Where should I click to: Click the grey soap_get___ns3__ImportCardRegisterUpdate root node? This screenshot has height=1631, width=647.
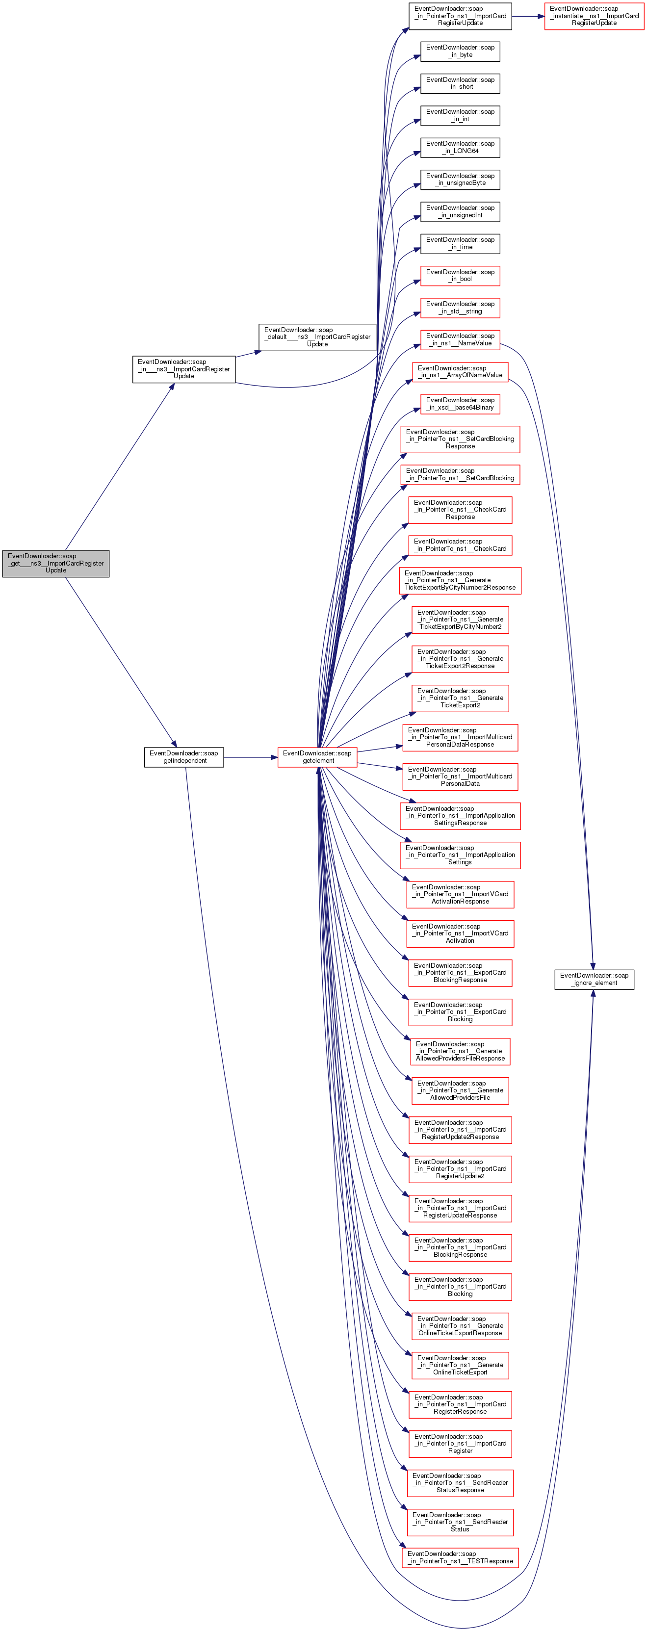pos(56,563)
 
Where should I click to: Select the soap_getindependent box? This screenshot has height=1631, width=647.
pos(183,756)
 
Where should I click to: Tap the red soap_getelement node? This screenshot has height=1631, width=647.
pos(316,756)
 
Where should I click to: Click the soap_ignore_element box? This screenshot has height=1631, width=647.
pos(594,979)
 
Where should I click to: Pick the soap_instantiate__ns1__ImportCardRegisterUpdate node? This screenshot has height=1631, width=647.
pos(594,16)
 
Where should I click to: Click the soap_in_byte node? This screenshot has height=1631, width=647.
pos(460,52)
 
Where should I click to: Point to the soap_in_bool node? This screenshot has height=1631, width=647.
pos(460,275)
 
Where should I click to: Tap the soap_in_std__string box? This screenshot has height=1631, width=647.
pos(460,308)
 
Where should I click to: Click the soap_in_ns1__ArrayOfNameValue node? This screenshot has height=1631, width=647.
pos(460,372)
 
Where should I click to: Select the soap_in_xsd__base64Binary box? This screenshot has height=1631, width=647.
pos(460,404)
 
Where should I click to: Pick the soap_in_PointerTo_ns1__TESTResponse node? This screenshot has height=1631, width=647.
pos(460,1557)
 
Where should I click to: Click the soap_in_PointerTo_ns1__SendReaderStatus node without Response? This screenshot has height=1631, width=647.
pos(460,1522)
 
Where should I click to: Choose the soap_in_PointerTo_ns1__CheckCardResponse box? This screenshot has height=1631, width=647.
pos(460,510)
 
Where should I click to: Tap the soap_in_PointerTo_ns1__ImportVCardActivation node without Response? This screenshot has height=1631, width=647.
pos(460,933)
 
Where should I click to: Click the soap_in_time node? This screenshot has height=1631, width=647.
pos(460,243)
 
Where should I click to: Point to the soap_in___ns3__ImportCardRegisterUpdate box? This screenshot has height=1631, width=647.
pos(183,369)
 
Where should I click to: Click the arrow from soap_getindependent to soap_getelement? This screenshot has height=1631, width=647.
pos(250,756)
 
